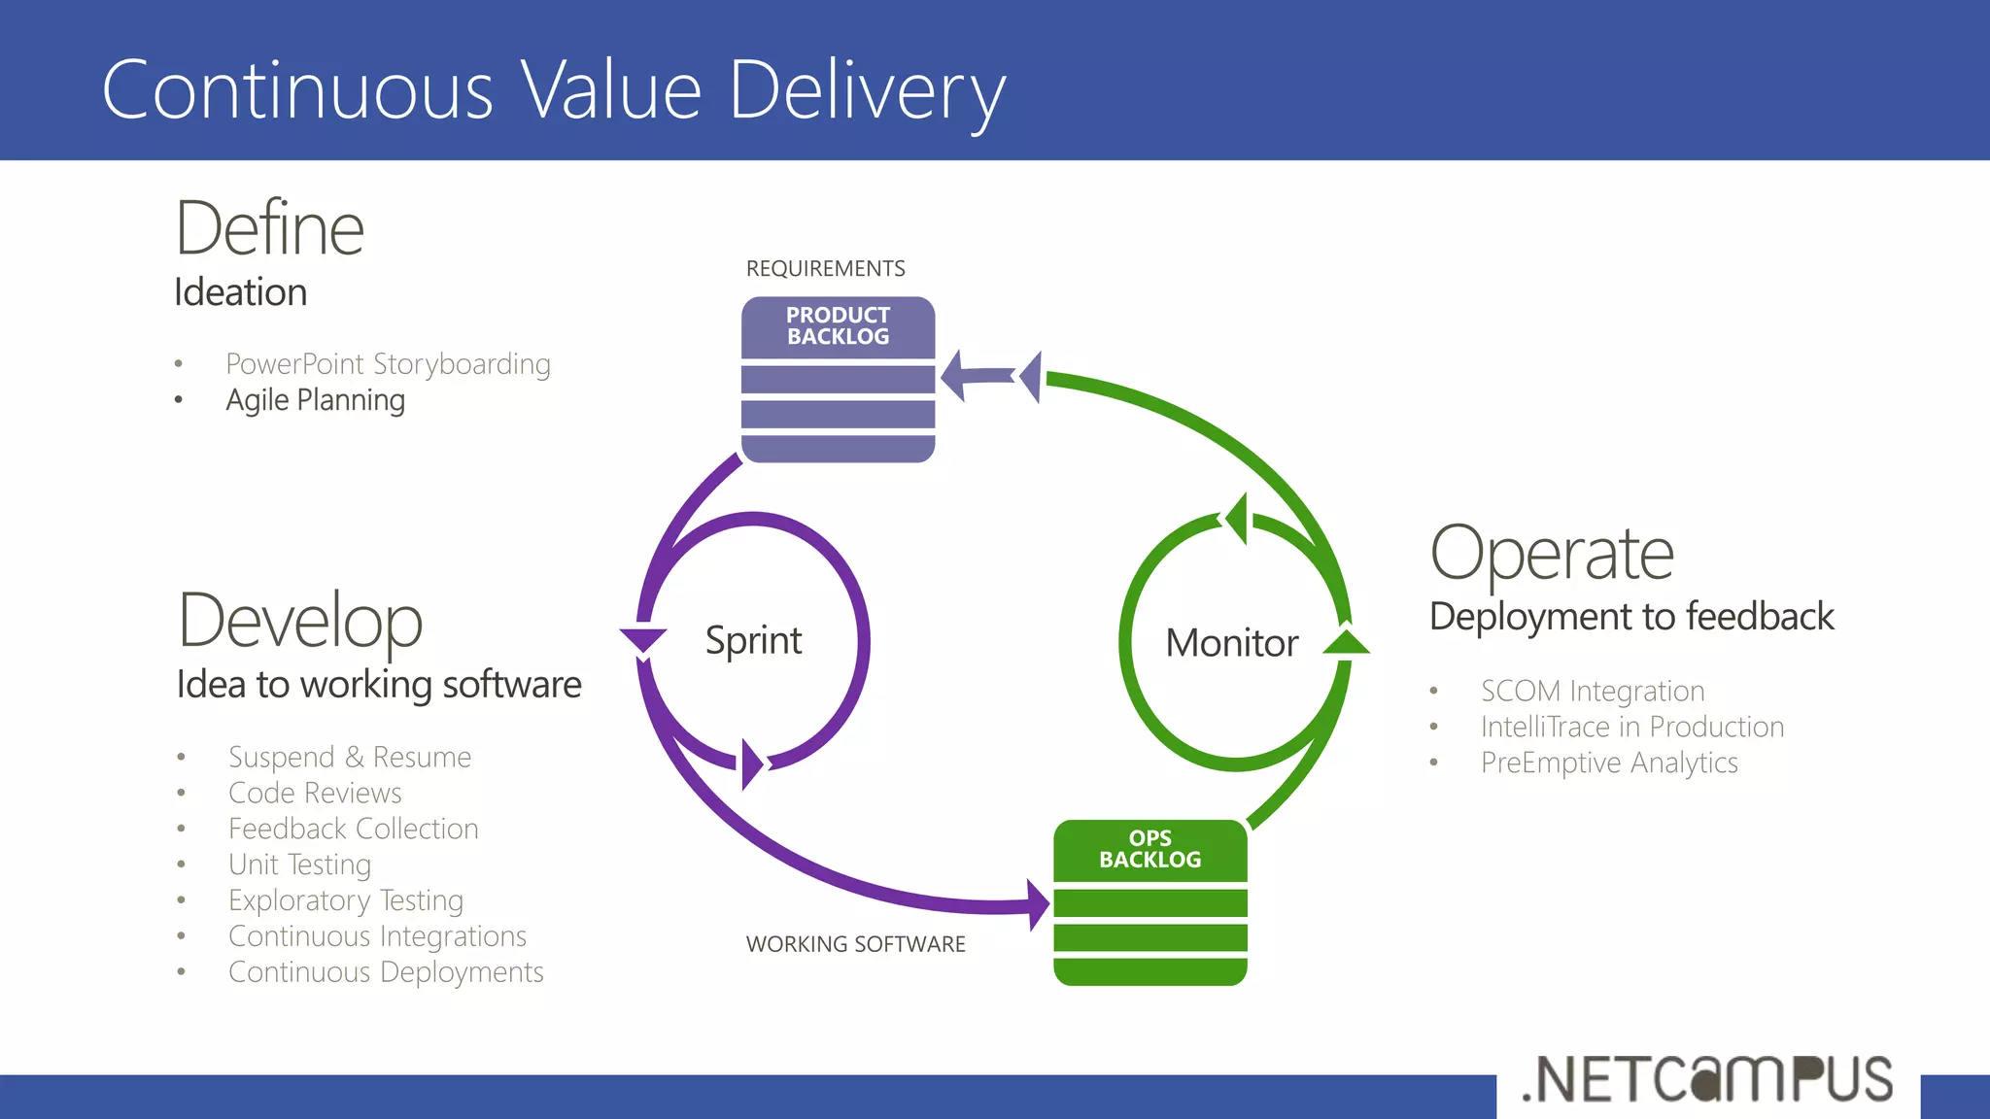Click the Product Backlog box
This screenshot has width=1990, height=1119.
point(838,379)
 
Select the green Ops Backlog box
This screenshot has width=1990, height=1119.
point(1149,902)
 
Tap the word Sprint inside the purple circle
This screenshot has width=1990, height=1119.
point(753,641)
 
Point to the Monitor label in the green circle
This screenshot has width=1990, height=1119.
point(1231,643)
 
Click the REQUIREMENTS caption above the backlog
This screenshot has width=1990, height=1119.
point(825,269)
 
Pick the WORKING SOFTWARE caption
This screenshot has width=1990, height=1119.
point(855,944)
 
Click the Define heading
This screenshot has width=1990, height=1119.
point(269,229)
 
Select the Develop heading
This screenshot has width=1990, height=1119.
point(300,621)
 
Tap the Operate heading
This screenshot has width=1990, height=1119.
point(1552,554)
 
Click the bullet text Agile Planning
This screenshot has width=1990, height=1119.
point(315,400)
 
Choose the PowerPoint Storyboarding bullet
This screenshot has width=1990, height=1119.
point(388,364)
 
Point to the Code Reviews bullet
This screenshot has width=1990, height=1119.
point(315,794)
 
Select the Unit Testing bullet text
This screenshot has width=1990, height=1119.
point(299,865)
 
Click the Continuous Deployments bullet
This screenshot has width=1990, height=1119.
point(386,972)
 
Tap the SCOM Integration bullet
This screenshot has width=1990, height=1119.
point(1593,692)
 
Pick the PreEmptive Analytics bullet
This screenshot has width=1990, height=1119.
point(1609,763)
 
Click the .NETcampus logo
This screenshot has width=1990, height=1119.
point(1707,1080)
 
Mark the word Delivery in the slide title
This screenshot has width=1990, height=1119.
point(867,90)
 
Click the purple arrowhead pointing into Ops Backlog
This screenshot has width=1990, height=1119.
point(1038,904)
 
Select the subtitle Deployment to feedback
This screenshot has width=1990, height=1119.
point(1631,617)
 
